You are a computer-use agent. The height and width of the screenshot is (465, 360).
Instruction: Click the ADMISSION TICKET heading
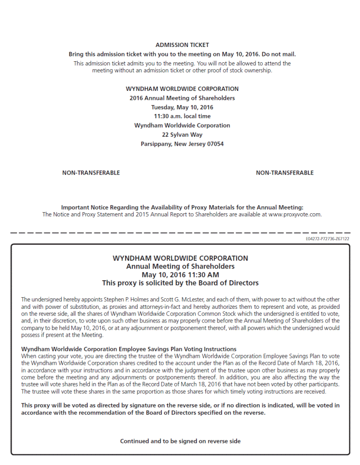[182, 45]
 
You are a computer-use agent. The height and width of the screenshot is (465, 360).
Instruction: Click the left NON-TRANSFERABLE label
[91, 173]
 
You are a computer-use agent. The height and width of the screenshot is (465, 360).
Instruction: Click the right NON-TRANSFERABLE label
[285, 173]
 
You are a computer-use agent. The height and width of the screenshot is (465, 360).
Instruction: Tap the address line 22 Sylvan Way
[182, 135]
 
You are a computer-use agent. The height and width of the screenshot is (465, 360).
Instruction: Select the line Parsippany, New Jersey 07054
[182, 144]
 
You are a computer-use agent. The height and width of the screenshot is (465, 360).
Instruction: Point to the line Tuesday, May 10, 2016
[182, 107]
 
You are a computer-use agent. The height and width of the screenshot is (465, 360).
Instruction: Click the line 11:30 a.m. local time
[182, 116]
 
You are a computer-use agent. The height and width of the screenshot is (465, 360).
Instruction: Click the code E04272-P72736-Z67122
[327, 239]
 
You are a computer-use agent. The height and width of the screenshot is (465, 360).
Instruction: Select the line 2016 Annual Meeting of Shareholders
[182, 98]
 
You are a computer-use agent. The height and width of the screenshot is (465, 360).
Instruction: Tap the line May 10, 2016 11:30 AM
[180, 274]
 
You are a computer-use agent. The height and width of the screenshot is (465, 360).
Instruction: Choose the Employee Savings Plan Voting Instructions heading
[129, 349]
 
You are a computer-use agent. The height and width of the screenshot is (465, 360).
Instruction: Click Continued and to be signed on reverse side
[180, 441]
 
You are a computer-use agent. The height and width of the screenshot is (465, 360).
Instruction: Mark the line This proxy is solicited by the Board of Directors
[180, 283]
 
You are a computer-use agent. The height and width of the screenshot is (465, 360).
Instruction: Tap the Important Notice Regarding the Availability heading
[182, 207]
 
